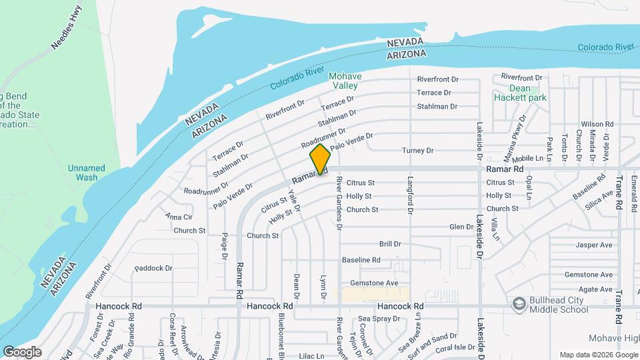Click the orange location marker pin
pyautogui.click(x=320, y=159)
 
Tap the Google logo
pyautogui.click(x=22, y=352)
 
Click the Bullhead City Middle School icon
pyautogui.click(x=518, y=304)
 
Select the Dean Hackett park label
pyautogui.click(x=520, y=93)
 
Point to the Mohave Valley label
pyautogui.click(x=345, y=81)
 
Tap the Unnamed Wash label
pyautogui.click(x=87, y=173)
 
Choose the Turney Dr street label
pyautogui.click(x=418, y=151)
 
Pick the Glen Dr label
pyautogui.click(x=461, y=227)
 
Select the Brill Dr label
pyautogui.click(x=390, y=245)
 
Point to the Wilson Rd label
pyautogui.click(x=597, y=124)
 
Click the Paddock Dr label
pyautogui.click(x=153, y=268)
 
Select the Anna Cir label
pyautogui.click(x=179, y=217)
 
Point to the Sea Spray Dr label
pyautogui.click(x=377, y=319)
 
